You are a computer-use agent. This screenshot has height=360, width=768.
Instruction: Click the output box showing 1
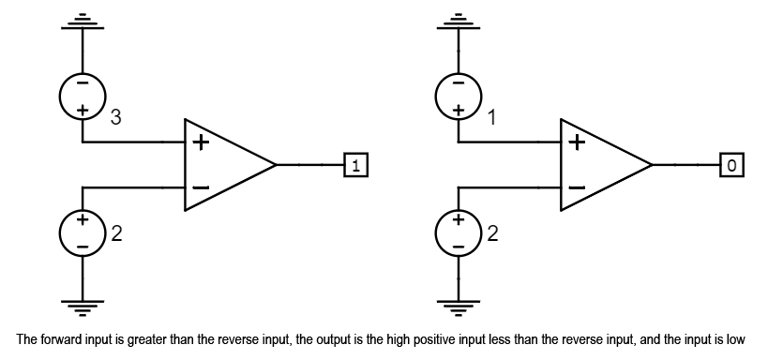(356, 165)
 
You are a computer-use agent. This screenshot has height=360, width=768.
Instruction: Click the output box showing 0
(731, 165)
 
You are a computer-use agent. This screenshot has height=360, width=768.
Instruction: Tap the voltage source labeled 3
(83, 96)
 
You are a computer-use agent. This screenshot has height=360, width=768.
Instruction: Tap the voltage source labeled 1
(458, 96)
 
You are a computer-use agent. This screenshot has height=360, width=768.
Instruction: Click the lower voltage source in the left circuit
(83, 232)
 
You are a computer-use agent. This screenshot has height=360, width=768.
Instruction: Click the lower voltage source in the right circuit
(458, 232)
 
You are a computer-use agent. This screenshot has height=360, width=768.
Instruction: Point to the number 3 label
(115, 118)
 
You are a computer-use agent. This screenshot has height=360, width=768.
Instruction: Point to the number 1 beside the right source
(490, 118)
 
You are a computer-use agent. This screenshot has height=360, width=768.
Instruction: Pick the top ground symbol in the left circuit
(83, 21)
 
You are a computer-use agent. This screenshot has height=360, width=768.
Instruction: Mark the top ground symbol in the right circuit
(458, 21)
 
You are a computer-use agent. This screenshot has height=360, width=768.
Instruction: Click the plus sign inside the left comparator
(201, 143)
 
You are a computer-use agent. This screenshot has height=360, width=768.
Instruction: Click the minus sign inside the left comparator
(201, 187)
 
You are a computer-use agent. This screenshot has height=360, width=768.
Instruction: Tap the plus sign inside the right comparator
(577, 143)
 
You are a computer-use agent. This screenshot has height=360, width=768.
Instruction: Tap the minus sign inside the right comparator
(577, 187)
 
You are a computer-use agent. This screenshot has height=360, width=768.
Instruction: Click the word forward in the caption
(58, 339)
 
